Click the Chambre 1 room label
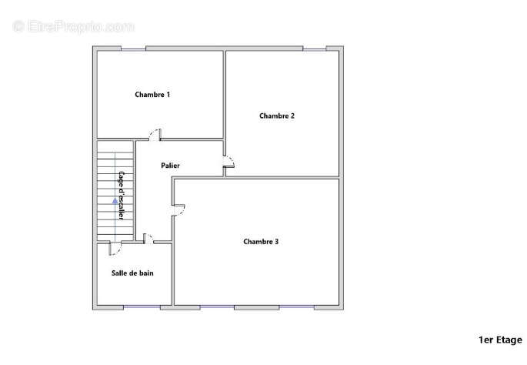tap(152, 95)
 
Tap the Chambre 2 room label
tap(277, 116)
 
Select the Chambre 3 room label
tap(261, 242)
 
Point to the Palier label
tap(170, 166)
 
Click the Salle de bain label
tap(132, 273)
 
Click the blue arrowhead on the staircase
tap(115, 201)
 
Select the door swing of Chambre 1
tap(155, 134)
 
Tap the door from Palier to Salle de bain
tap(148, 237)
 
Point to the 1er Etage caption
tap(500, 340)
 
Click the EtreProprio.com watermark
tap(73, 27)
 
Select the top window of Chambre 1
tap(133, 49)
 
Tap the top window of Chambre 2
tap(315, 49)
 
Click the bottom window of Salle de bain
tap(142, 306)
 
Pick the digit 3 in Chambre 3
tap(276, 242)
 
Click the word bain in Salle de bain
tap(146, 273)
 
